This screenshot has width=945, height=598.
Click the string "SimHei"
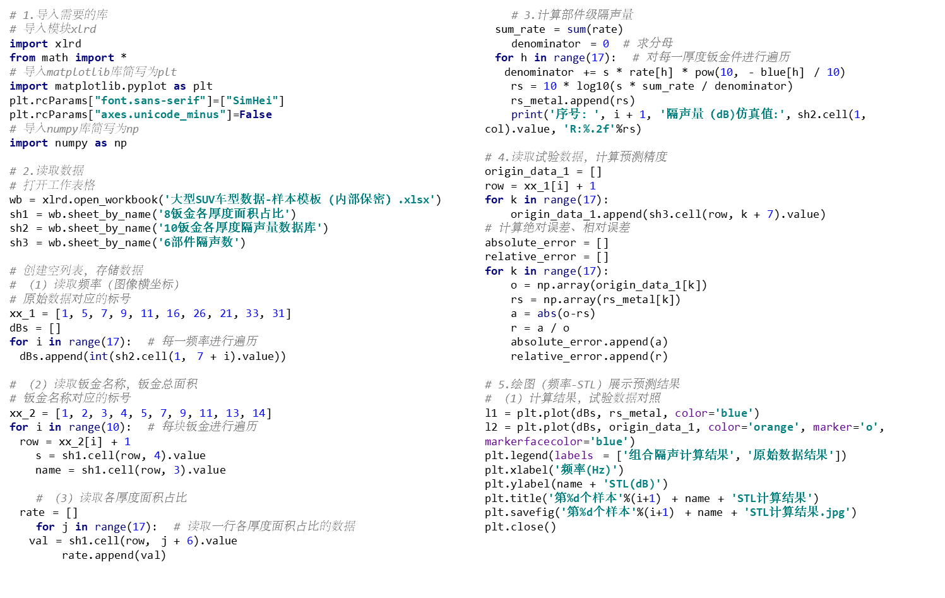[x=252, y=100]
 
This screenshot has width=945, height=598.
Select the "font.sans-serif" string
[x=150, y=100]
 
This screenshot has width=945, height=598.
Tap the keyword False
[x=256, y=114]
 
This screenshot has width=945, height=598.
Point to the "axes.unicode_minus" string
[x=160, y=114]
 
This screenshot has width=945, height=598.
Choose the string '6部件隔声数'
[x=198, y=242]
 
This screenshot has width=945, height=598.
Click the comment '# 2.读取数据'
[x=47, y=170]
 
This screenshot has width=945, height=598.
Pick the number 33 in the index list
[x=253, y=313]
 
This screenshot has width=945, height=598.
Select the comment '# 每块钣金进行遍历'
[x=202, y=427]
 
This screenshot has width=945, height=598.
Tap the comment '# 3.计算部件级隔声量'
[x=572, y=15]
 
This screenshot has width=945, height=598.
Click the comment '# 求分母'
[x=648, y=43]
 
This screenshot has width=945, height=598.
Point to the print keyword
[x=526, y=114]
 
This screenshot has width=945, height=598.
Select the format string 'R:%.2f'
[x=589, y=129]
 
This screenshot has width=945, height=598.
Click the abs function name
[x=547, y=313]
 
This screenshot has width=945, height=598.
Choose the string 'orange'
[x=774, y=428]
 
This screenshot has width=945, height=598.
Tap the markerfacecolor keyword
[x=533, y=441]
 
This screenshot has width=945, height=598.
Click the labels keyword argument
[x=574, y=455]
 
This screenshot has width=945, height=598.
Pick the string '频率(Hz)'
[x=586, y=470]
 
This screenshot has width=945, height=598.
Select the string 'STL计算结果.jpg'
[x=797, y=512]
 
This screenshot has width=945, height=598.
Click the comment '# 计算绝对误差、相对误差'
[x=557, y=227]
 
